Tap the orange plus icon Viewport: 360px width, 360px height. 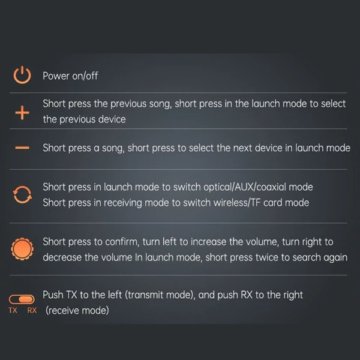click(x=22, y=113)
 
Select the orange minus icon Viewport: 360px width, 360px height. click(x=22, y=148)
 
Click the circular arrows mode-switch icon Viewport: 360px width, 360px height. click(x=22, y=194)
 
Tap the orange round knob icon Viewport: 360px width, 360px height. click(x=22, y=249)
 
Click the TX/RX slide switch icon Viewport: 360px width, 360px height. click(x=22, y=299)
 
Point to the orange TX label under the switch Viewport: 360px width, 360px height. click(x=13, y=310)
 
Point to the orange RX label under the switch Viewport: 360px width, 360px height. click(x=32, y=310)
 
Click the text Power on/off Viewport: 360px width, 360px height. click(x=70, y=76)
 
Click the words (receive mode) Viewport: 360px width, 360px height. click(x=77, y=310)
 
